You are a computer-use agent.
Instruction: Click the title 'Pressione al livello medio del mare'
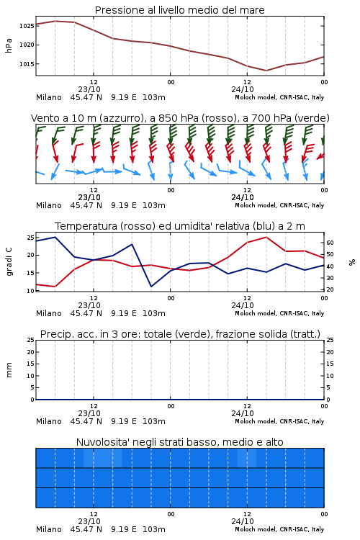(179, 10)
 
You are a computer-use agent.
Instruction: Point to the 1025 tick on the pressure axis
(27, 26)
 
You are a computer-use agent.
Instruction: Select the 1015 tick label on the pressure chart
(27, 64)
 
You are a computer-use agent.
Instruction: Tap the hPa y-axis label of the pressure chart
(9, 45)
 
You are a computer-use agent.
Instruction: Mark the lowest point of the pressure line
(266, 71)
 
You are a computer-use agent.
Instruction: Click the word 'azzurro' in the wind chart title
(121, 118)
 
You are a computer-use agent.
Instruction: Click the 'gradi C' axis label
(9, 262)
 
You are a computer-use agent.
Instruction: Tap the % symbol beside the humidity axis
(352, 262)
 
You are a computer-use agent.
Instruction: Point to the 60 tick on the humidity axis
(330, 243)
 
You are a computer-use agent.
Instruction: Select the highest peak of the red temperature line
(266, 237)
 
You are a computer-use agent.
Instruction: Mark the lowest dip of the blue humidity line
(151, 287)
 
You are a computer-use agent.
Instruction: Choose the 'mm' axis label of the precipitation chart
(9, 370)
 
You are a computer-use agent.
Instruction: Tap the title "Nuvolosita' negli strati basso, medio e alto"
(179, 442)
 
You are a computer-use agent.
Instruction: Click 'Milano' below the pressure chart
(48, 97)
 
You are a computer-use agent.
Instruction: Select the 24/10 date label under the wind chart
(243, 197)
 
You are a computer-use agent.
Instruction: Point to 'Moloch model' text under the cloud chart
(256, 529)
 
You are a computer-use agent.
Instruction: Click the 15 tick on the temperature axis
(31, 273)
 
